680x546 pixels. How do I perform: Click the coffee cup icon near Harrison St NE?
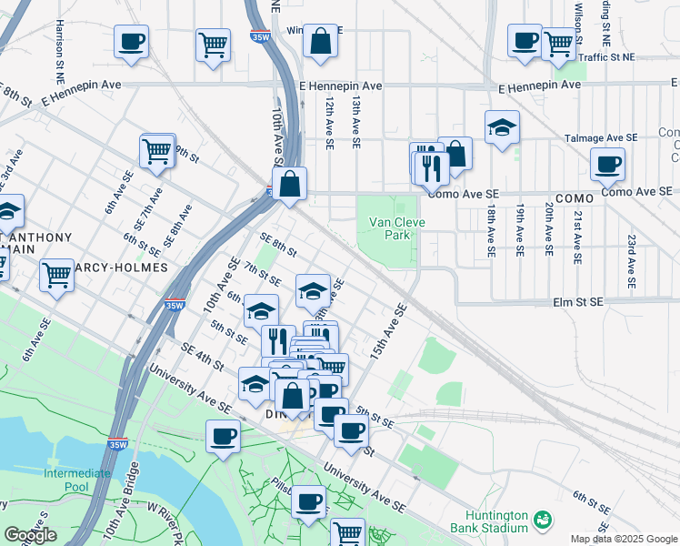click(x=131, y=41)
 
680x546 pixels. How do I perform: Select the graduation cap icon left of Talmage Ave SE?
click(x=501, y=129)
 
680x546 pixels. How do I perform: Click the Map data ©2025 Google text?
click(x=623, y=539)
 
